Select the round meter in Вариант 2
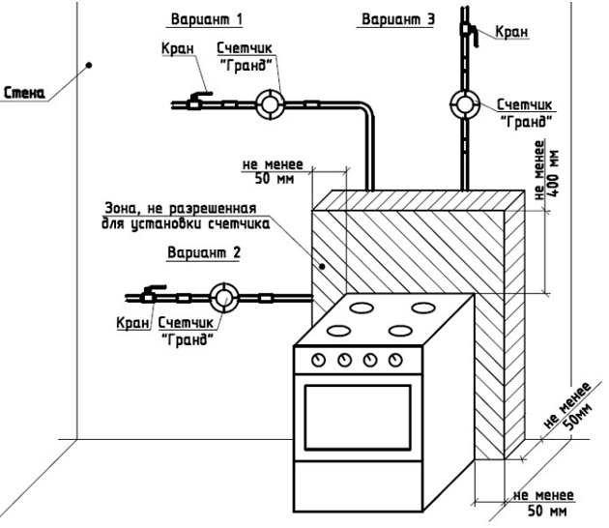[226, 297]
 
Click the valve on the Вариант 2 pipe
[153, 294]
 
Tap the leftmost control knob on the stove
[317, 360]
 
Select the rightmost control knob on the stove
[394, 360]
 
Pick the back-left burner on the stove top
[362, 308]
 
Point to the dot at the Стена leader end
[89, 66]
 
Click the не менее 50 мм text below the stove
[543, 502]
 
